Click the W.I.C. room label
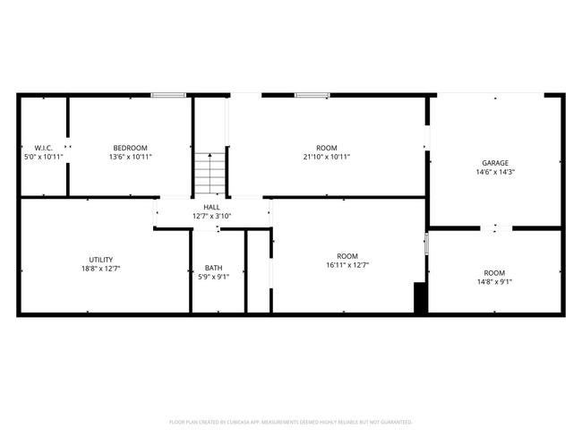[44, 148]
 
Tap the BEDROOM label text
[131, 148]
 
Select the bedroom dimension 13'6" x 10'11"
[131, 157]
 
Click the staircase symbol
[211, 173]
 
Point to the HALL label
[212, 207]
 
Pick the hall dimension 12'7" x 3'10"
[212, 216]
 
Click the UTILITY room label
[89, 259]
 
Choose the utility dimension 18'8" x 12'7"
[89, 268]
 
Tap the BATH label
[214, 267]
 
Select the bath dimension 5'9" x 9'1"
[214, 277]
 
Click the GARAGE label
[495, 163]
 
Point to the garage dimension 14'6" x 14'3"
[495, 172]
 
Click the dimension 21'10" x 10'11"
[327, 157]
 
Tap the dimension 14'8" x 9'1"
[494, 282]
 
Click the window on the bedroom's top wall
[168, 95]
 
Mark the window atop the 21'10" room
[312, 95]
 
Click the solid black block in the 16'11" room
[420, 298]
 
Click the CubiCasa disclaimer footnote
[291, 422]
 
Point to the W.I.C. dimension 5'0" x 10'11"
[44, 157]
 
